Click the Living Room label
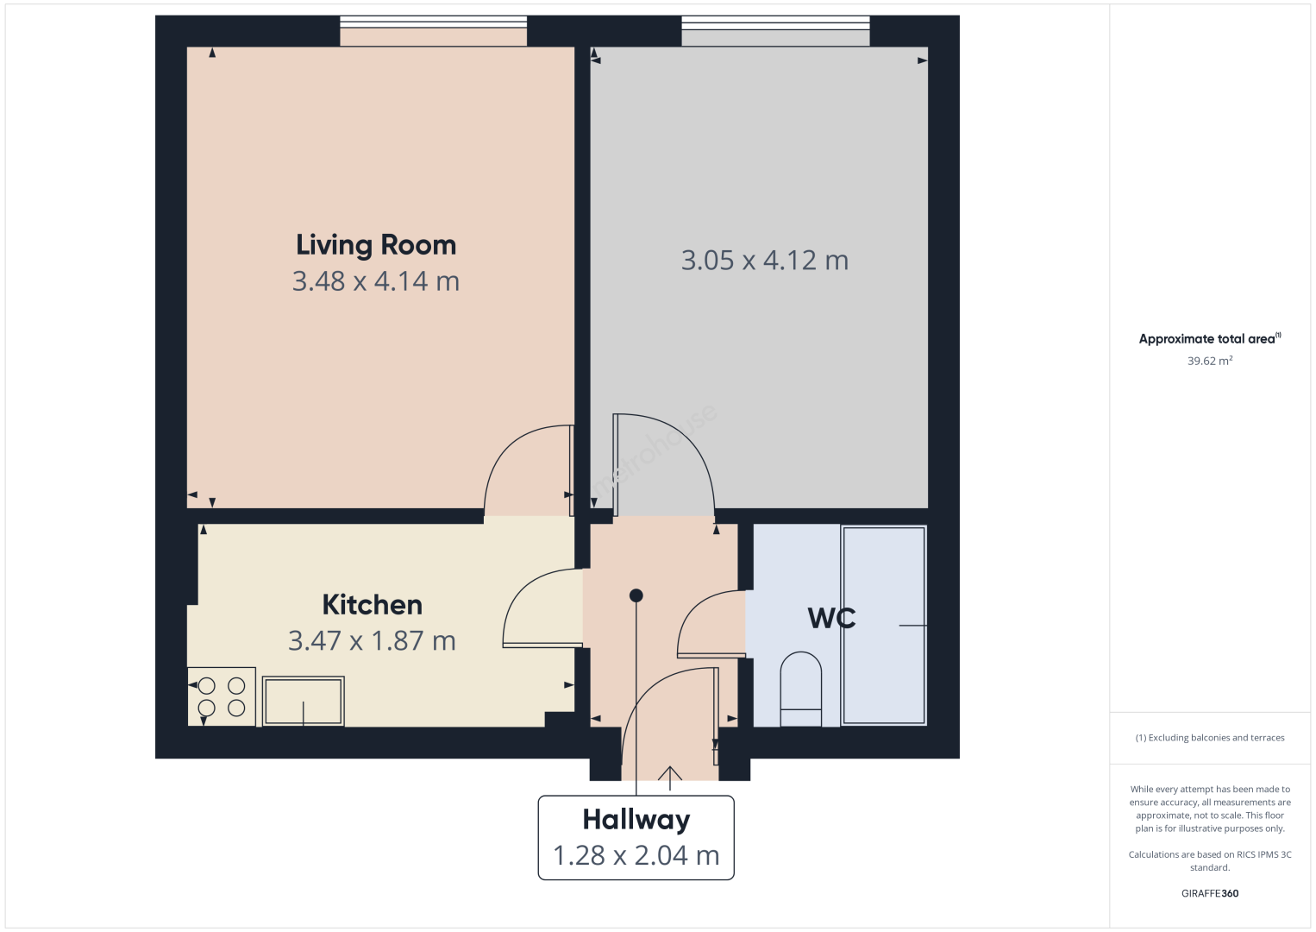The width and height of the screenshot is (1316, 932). click(376, 245)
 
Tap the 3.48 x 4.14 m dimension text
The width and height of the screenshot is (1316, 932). click(376, 281)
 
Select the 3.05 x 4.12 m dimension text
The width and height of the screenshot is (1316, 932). click(765, 260)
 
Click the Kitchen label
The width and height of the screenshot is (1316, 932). click(373, 604)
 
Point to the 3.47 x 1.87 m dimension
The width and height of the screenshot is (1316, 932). click(372, 640)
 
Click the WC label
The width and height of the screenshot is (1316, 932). click(831, 618)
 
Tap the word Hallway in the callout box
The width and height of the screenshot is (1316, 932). click(636, 820)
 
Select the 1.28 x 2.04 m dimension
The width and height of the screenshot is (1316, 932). click(636, 855)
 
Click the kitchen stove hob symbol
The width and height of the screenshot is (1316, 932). click(222, 696)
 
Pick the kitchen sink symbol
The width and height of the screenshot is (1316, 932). click(304, 701)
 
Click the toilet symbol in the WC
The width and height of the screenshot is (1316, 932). click(801, 690)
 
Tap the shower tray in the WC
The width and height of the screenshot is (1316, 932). click(884, 625)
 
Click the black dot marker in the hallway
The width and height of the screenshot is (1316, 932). click(636, 595)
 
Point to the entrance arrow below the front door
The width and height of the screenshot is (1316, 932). click(670, 778)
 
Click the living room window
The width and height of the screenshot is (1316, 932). click(434, 22)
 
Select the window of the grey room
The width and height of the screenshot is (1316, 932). click(775, 22)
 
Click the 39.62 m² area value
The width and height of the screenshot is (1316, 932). click(1210, 361)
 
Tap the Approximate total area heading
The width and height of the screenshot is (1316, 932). click(1210, 338)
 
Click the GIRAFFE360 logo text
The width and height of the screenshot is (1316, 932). click(1210, 893)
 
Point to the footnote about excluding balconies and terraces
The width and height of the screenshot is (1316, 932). click(1210, 737)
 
